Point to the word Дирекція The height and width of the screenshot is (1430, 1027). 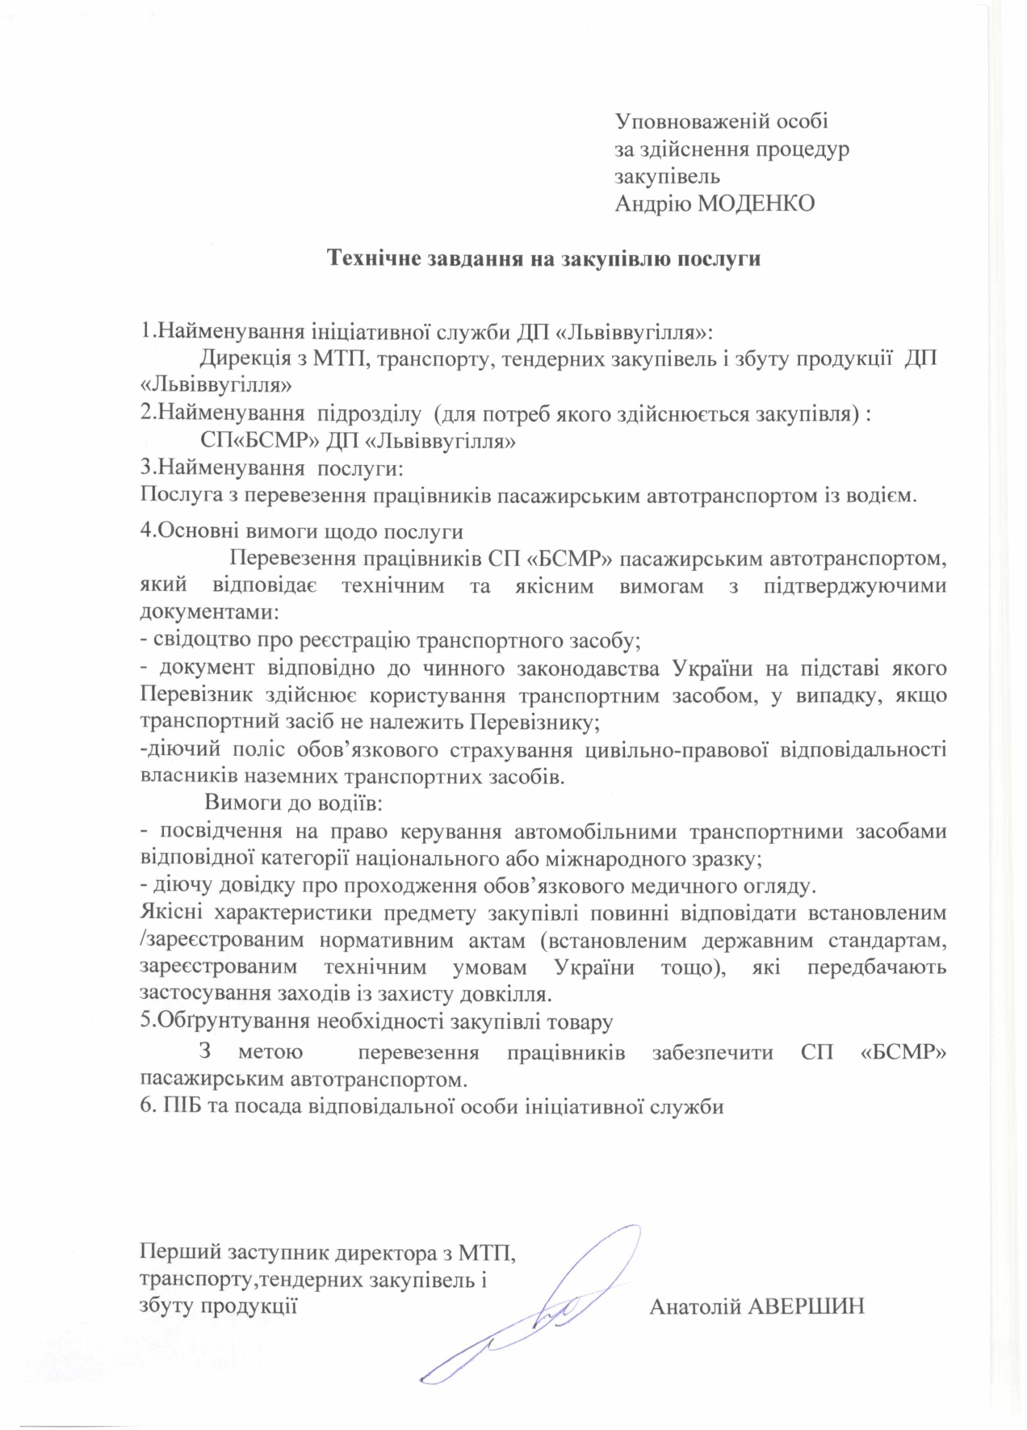[240, 359]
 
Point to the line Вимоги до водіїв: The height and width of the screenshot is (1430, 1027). [293, 803]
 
